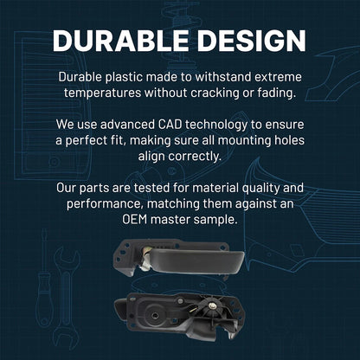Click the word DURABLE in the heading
point(120,41)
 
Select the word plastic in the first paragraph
point(124,78)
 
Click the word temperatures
point(103,93)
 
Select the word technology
point(216,125)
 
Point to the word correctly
point(195,157)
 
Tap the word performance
point(105,204)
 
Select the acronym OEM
point(135,220)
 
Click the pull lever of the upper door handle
point(196,261)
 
